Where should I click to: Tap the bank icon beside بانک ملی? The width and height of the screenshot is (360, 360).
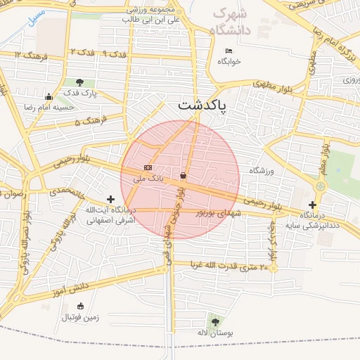point(148,167)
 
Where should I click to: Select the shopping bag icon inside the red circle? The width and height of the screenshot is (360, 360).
point(184,175)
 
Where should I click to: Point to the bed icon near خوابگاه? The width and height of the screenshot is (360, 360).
point(229,51)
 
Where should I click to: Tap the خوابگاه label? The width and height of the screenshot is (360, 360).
point(229,61)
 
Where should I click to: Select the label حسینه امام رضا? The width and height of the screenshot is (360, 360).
point(49,108)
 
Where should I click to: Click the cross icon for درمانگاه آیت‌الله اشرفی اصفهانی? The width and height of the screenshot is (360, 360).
point(110,200)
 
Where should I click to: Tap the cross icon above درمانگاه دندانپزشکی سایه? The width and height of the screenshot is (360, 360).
point(312,205)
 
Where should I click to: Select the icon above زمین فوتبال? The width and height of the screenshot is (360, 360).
point(80,306)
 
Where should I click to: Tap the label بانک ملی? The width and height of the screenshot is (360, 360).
point(148,179)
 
